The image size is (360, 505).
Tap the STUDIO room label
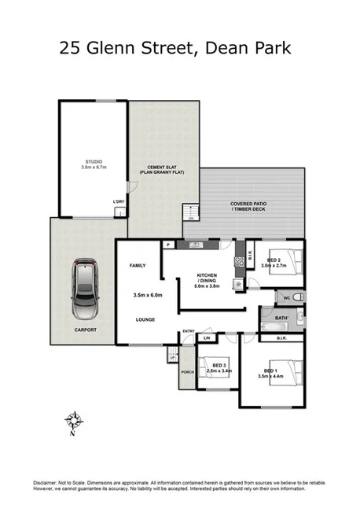93,161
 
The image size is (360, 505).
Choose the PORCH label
187,372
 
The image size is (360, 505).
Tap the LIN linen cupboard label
207,337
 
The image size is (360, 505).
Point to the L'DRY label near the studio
118,201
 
